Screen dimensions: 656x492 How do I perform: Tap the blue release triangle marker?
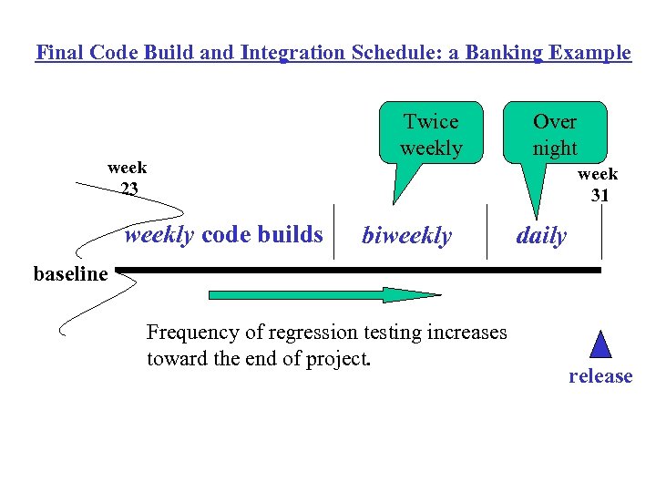pyautogui.click(x=600, y=344)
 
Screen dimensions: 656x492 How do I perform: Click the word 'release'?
pyautogui.click(x=600, y=375)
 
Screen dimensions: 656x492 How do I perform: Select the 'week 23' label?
pyautogui.click(x=128, y=179)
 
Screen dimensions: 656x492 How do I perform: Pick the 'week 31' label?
pyautogui.click(x=598, y=184)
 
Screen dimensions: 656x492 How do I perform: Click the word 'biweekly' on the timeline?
pyautogui.click(x=406, y=236)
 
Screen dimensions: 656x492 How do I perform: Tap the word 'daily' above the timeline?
pyautogui.click(x=541, y=236)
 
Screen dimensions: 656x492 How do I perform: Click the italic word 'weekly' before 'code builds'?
pyautogui.click(x=159, y=235)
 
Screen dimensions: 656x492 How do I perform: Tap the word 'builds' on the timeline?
pyautogui.click(x=294, y=235)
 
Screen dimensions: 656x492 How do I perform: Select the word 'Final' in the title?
pyautogui.click(x=58, y=52)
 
